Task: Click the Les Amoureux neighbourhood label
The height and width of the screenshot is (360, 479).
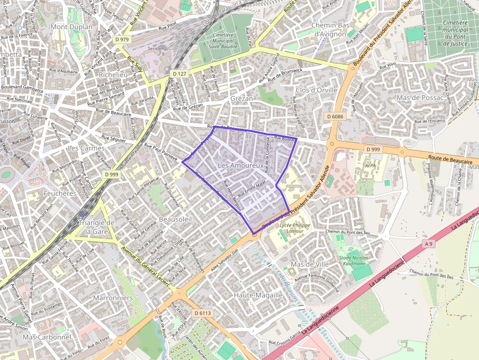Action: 240,166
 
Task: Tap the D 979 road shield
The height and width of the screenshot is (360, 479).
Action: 122,40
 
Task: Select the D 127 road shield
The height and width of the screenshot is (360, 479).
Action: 179,74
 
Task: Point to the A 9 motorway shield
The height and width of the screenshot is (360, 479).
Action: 429,243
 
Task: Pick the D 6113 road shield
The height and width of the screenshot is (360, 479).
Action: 202,313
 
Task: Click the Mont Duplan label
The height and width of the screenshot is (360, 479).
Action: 71,27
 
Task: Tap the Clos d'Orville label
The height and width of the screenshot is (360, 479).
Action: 316,90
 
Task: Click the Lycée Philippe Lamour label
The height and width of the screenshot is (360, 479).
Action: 295,228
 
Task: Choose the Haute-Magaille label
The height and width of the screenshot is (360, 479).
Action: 258,295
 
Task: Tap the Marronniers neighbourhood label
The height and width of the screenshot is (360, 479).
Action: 112,297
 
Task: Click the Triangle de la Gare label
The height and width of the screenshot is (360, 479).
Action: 96,227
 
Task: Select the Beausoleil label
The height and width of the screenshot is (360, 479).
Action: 175,219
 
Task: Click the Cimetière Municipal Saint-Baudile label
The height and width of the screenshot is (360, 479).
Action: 223,41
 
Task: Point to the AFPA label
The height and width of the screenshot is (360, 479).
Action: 370,166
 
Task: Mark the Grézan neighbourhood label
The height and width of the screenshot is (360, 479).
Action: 241,98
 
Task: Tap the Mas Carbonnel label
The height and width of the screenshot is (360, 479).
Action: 47,337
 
